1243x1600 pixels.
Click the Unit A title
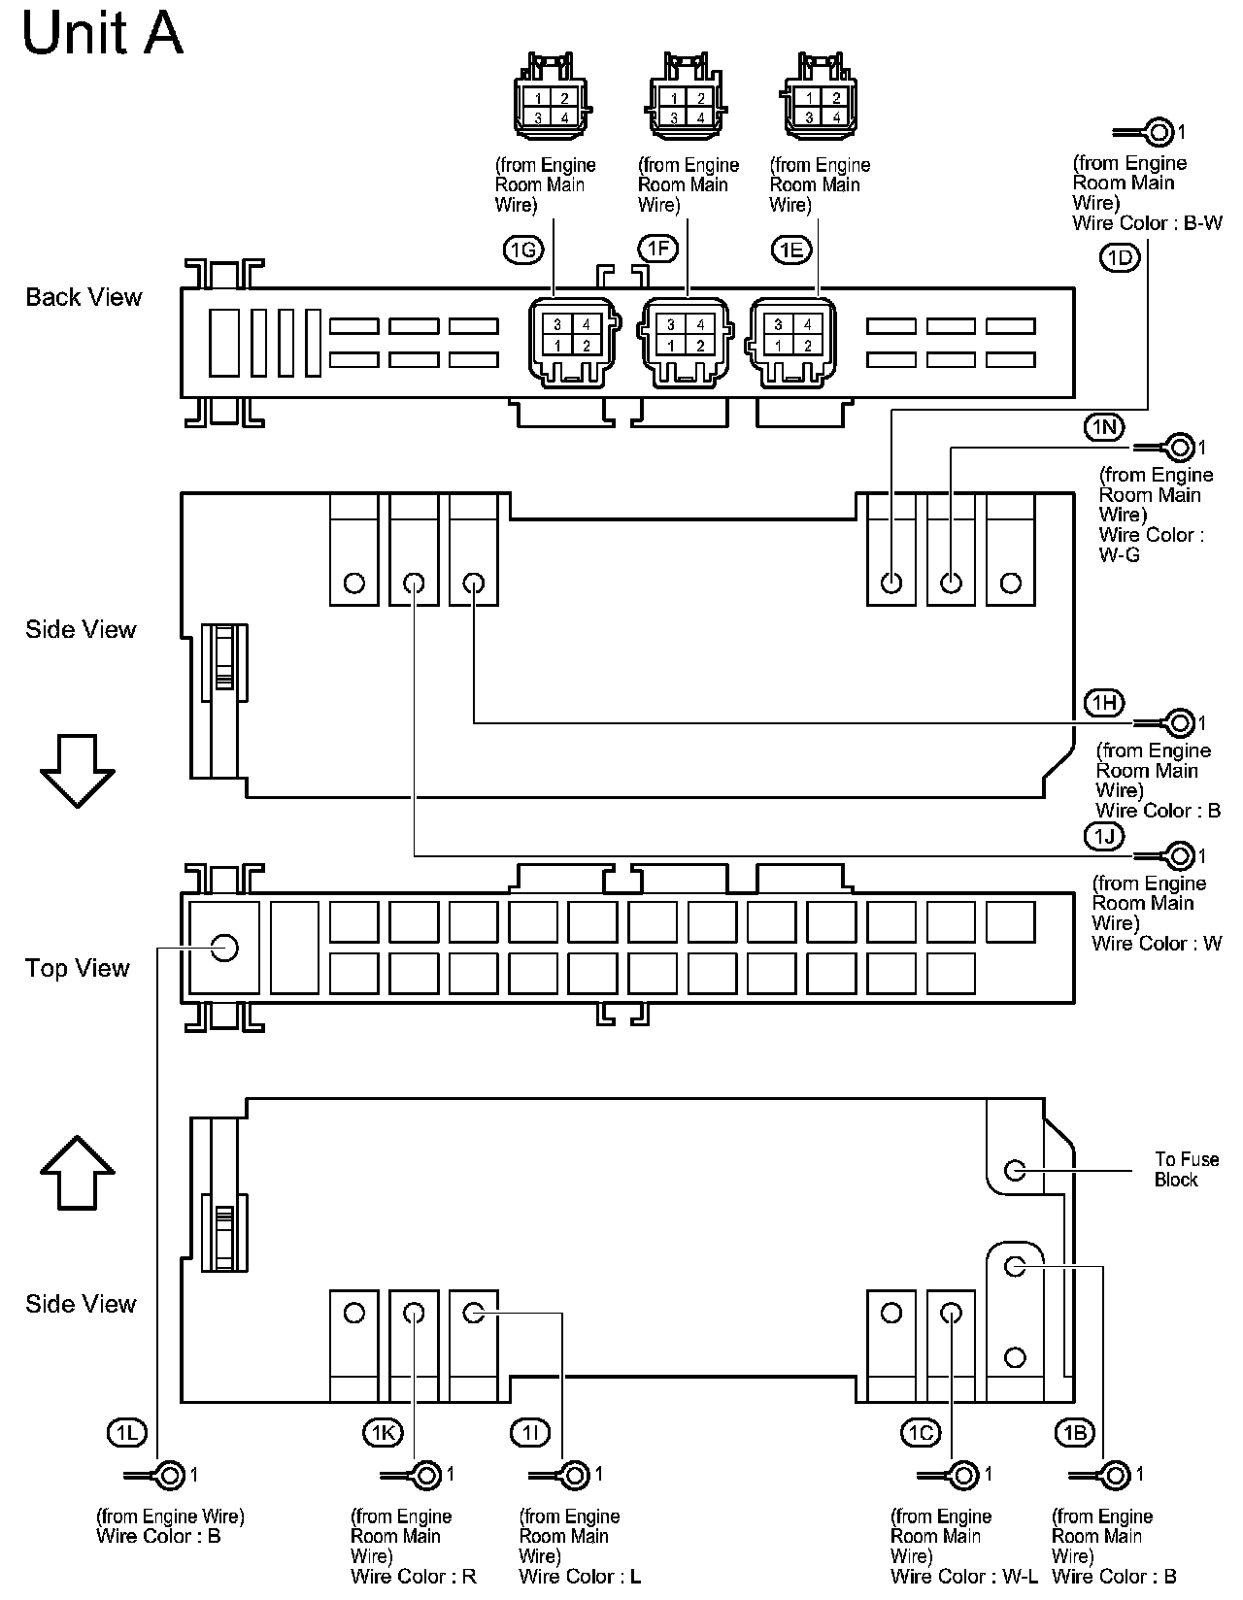[x=102, y=35]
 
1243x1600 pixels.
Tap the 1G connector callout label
[x=522, y=250]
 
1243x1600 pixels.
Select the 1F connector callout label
[x=657, y=249]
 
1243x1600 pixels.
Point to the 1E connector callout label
[x=790, y=250]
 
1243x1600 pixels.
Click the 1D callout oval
[x=1120, y=257]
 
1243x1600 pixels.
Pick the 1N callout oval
[x=1104, y=427]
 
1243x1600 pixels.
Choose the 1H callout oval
[x=1104, y=703]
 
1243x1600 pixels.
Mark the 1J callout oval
[x=1104, y=836]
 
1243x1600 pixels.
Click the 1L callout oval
[x=126, y=1432]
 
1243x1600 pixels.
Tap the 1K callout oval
[x=383, y=1432]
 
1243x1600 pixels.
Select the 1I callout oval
[x=529, y=1432]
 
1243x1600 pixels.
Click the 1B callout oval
[x=1074, y=1432]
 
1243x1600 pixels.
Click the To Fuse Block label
[x=1186, y=1169]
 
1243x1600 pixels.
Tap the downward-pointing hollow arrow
[x=78, y=771]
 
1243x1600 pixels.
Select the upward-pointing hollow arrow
[x=78, y=1172]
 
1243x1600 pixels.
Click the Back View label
[x=84, y=297]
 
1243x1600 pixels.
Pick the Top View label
[x=78, y=968]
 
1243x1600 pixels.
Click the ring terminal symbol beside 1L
[x=169, y=1476]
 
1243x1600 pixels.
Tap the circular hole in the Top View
[x=224, y=947]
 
